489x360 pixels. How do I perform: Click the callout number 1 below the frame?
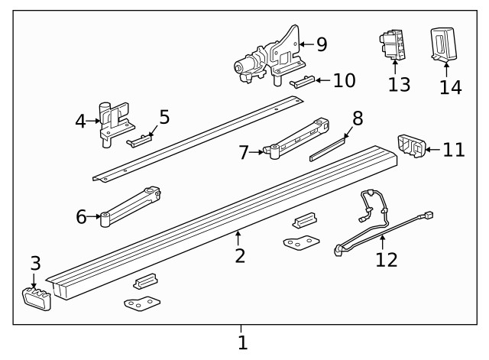242,343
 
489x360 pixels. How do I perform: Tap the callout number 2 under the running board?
240,255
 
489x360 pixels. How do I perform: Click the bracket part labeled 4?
114,123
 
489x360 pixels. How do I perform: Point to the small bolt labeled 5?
141,140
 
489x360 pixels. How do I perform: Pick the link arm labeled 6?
130,205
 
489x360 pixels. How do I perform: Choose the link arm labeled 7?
298,136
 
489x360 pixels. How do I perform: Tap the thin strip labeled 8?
329,148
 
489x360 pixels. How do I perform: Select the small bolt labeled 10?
302,82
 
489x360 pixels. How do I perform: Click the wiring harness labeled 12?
378,222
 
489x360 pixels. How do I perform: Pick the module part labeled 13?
393,45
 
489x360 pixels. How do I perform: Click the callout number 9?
322,44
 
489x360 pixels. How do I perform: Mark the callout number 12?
387,260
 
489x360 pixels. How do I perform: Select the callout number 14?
451,86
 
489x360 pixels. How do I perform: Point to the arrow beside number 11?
432,149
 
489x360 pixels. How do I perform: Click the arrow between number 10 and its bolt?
322,80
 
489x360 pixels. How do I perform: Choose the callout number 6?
82,217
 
